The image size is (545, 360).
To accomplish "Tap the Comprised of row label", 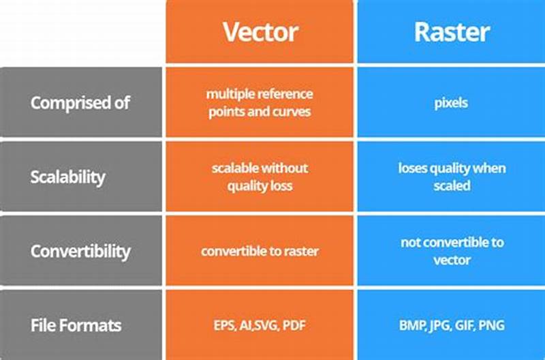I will tap(80, 103).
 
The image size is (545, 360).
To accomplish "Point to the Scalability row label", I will tap(67, 177).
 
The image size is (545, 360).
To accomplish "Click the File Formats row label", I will tap(76, 325).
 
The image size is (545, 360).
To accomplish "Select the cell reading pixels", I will tap(450, 103).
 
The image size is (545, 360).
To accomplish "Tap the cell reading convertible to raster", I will tap(260, 251).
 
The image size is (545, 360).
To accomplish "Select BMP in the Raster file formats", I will tap(411, 325).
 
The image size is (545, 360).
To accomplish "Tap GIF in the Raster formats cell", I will tap(465, 325).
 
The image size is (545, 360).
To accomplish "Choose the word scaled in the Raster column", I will tap(451, 185).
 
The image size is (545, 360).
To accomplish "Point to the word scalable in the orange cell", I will tap(234, 168).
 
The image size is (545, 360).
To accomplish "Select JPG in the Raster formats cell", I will tap(439, 325).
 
